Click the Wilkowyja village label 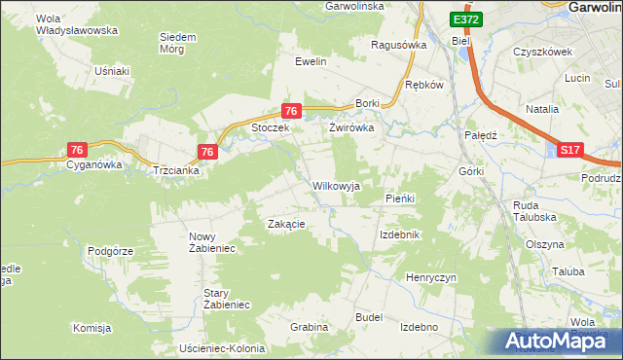336,185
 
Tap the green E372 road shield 465,19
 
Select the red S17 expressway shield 570,149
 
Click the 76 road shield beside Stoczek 290,112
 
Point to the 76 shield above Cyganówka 78,149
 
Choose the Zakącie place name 287,224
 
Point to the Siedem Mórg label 177,43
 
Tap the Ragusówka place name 400,45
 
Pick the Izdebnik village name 399,235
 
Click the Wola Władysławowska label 76,24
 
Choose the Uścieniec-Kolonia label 223,348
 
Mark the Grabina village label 309,327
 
